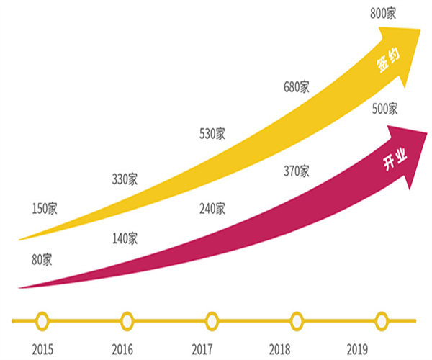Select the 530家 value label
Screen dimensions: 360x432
point(212,133)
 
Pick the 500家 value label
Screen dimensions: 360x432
point(384,109)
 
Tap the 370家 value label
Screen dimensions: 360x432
point(296,171)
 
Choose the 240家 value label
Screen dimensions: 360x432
point(212,209)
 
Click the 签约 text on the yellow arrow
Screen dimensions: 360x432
point(386,63)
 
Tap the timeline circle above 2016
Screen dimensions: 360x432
point(127,320)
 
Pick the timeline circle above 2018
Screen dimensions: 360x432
point(297,320)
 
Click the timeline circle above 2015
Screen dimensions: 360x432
point(42,320)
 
